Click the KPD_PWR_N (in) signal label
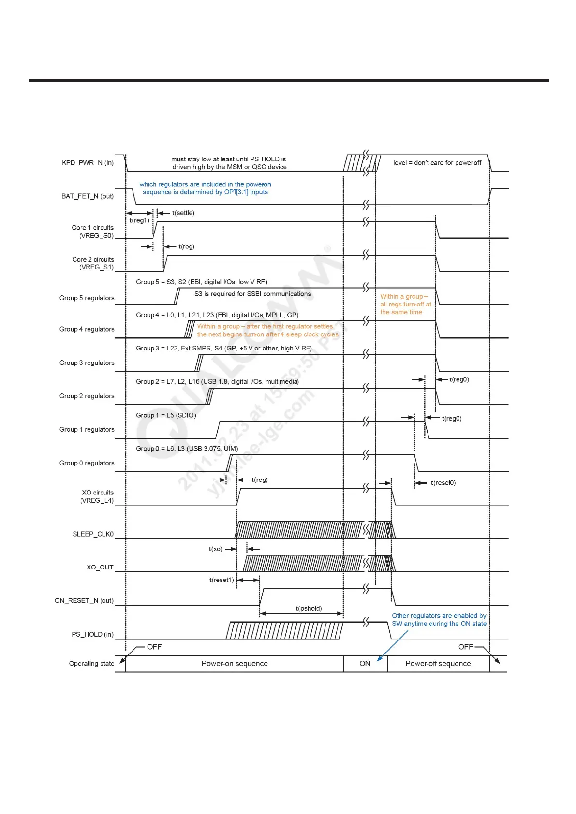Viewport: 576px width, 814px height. tap(88, 163)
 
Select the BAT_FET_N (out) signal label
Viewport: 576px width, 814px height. tap(87, 196)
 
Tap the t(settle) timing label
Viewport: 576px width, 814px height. tap(183, 213)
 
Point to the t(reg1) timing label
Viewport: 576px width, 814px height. tap(139, 220)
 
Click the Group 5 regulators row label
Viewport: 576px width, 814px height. tap(87, 298)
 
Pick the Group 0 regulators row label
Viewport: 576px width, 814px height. tap(87, 463)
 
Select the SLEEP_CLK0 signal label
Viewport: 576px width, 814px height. tap(93, 534)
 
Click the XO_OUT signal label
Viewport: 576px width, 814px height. tap(100, 567)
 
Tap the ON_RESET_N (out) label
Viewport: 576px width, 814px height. tap(84, 601)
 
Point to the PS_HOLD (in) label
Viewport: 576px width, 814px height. tap(92, 634)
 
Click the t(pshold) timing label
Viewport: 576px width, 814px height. tap(309, 608)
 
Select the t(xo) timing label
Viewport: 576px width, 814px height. tap(215, 549)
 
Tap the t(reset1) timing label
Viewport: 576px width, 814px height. tap(221, 580)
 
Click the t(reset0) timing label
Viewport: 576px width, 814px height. tap(443, 483)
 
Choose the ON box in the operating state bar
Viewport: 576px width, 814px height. tap(365, 664)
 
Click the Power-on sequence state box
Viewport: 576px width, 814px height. tap(235, 664)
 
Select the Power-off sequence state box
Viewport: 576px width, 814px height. tap(438, 664)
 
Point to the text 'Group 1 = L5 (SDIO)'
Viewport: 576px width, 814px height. tap(166, 415)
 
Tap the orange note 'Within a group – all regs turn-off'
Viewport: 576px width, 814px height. tap(405, 304)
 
